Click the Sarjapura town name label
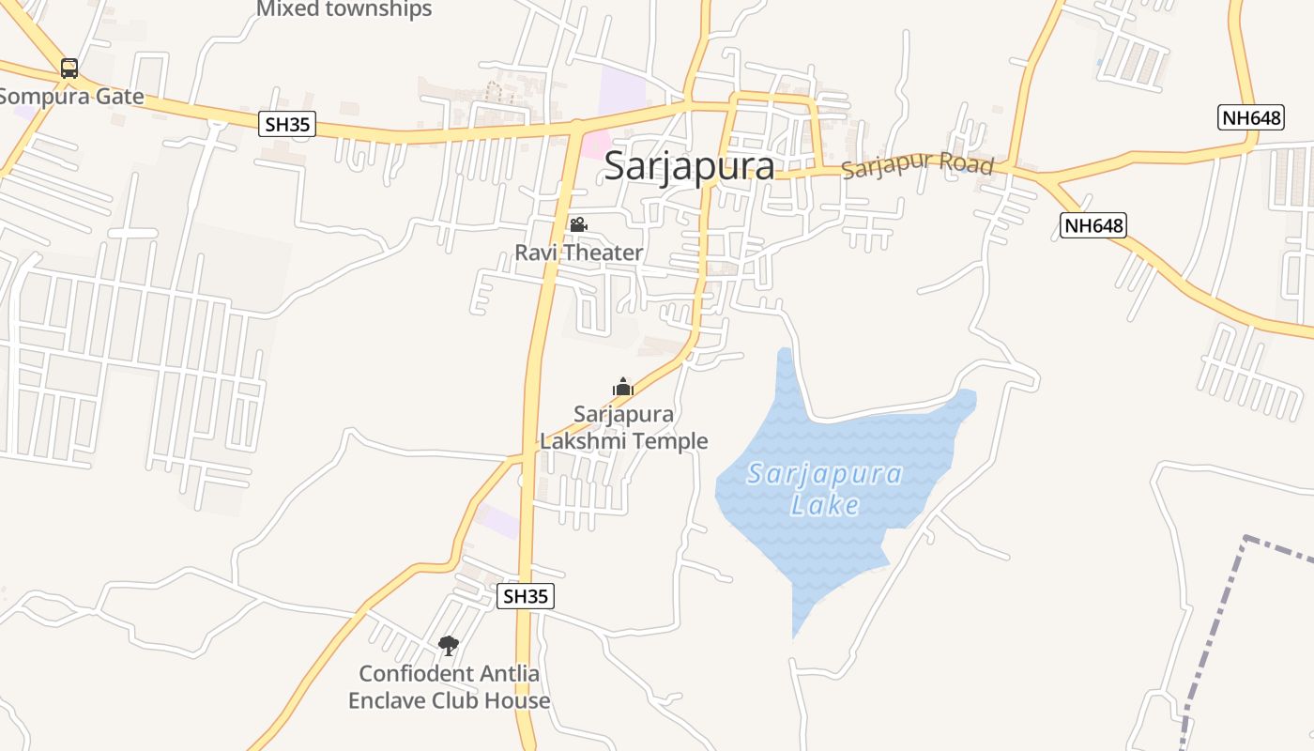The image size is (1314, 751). tap(689, 166)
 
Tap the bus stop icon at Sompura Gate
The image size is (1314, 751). tap(69, 68)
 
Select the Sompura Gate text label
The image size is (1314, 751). tap(71, 96)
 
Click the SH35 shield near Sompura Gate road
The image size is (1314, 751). tap(287, 123)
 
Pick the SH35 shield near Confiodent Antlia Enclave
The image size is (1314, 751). tap(525, 596)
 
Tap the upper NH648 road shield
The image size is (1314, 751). tap(1250, 117)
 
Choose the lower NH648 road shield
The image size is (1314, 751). tap(1093, 225)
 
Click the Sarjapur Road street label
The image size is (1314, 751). tap(917, 165)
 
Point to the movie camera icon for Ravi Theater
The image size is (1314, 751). tap(578, 225)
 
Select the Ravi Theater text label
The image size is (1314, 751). tap(578, 253)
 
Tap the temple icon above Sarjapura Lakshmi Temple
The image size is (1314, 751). tap(622, 387)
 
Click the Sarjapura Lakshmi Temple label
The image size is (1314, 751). tap(624, 427)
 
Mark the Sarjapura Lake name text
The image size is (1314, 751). tap(825, 488)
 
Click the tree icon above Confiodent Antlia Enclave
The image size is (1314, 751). tap(449, 645)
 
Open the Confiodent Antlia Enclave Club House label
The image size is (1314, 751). tap(450, 687)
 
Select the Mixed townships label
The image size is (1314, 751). tap(344, 9)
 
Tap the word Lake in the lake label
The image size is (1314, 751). tap(825, 505)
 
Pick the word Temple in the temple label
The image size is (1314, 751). tap(667, 440)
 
